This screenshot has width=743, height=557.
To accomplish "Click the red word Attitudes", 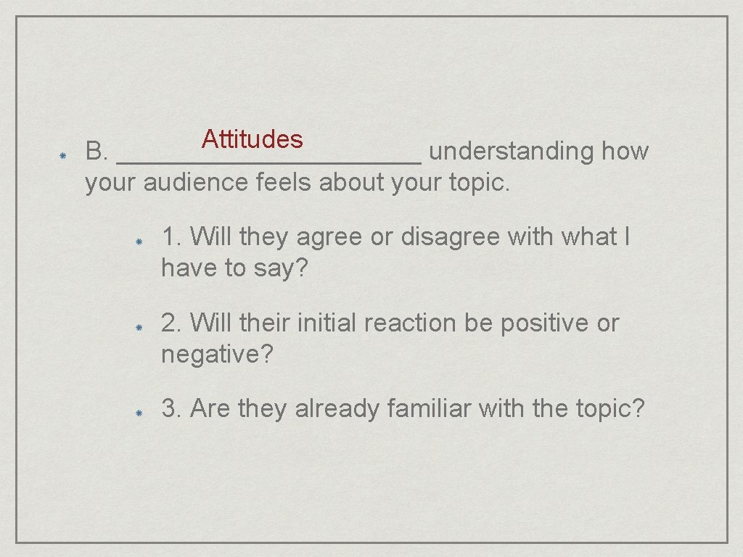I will coord(253,139).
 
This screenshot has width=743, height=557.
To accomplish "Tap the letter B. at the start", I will coord(97,152).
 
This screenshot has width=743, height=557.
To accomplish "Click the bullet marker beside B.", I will coord(63,155).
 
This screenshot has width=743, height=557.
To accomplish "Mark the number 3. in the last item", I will coord(172,409).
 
